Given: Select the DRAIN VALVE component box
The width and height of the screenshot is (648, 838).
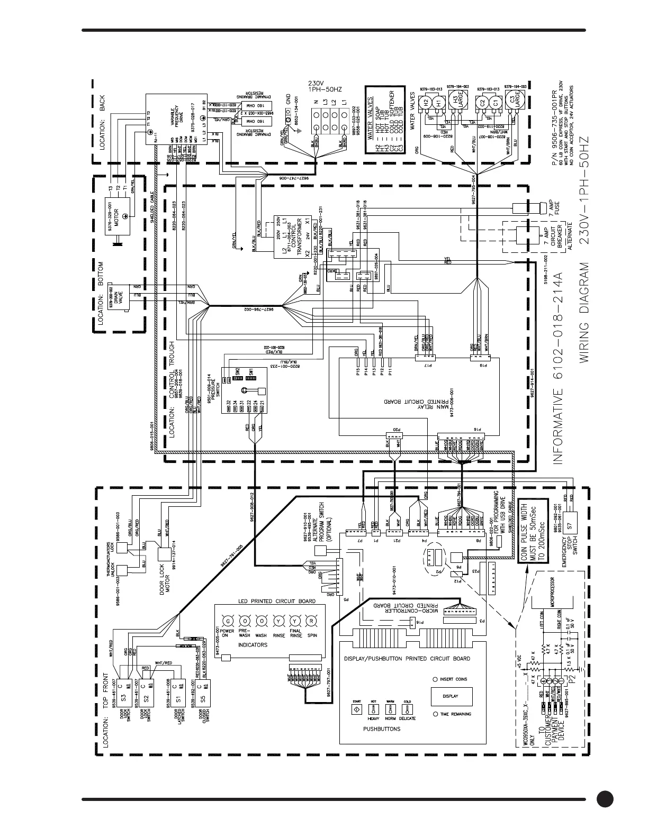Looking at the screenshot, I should pos(117,299).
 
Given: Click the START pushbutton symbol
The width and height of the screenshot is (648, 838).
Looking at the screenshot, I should pos(357,709).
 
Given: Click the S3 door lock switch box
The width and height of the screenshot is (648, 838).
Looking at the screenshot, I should pos(123,690).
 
